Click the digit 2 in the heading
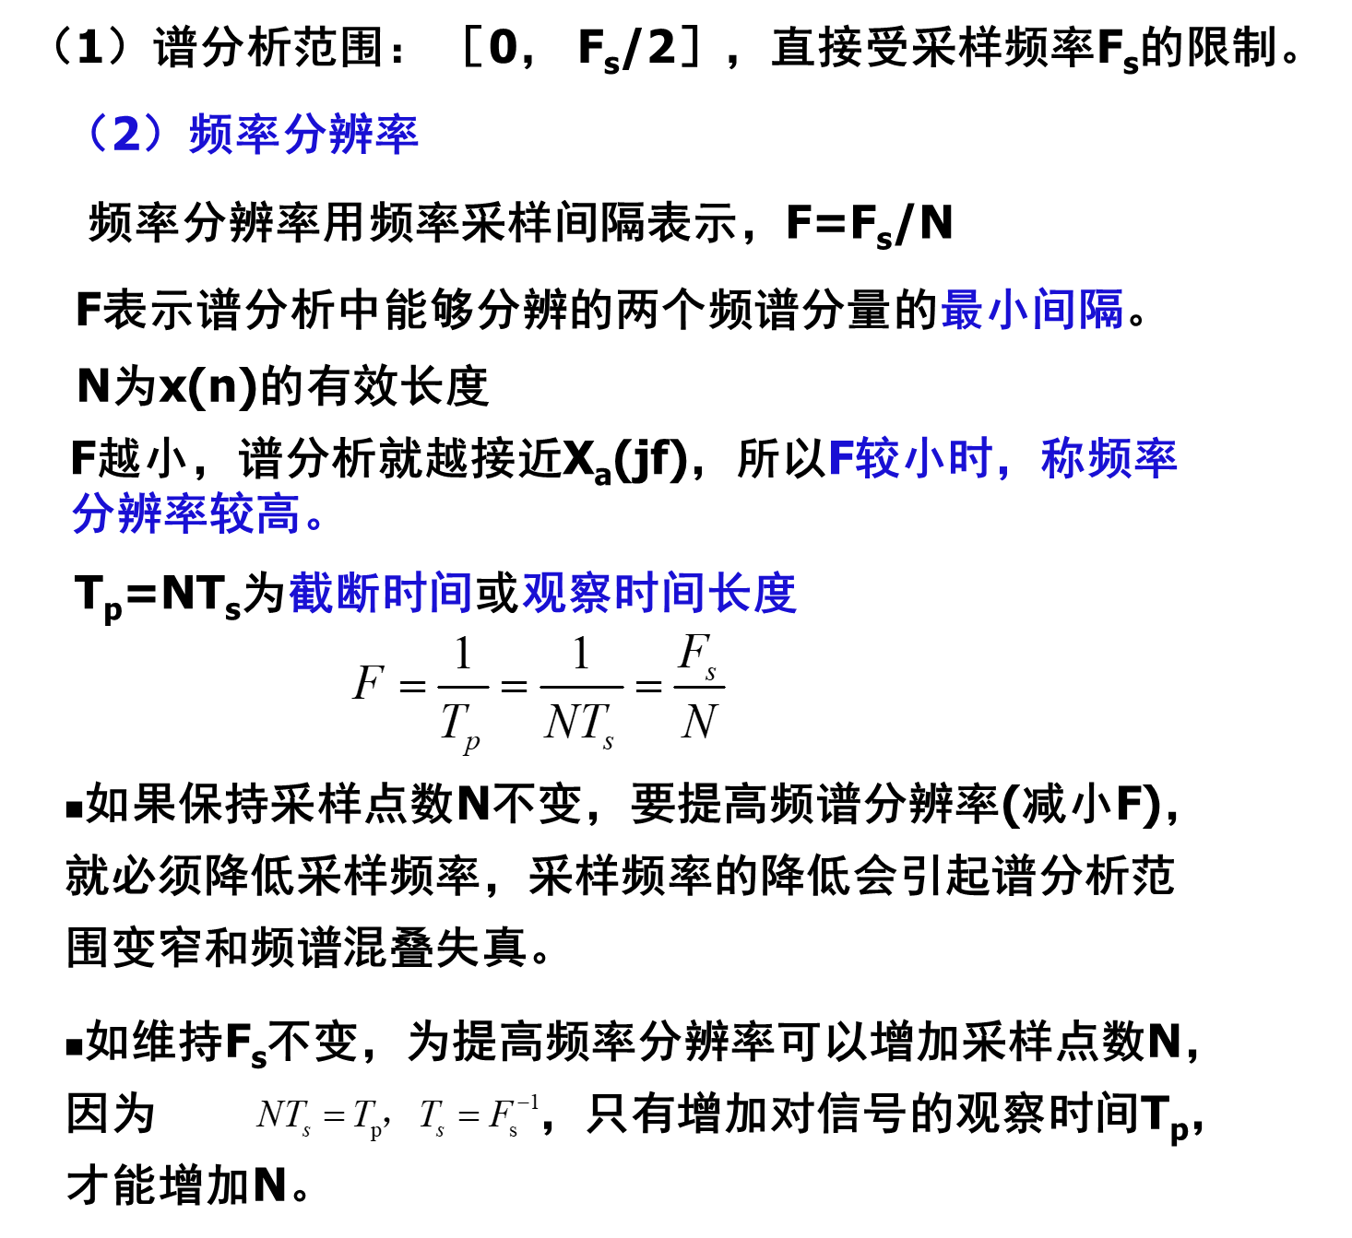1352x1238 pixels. [x=127, y=135]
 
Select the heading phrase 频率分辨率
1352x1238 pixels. [x=303, y=135]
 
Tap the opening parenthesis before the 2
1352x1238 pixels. [x=95, y=135]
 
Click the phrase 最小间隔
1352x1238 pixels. [x=1032, y=310]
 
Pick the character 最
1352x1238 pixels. [x=963, y=310]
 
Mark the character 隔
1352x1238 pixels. [x=1101, y=310]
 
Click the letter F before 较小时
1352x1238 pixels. [x=840, y=458]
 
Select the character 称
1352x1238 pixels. [x=1063, y=458]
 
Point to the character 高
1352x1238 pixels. [x=279, y=513]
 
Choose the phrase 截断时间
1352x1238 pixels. [x=381, y=593]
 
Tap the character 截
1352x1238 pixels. [x=312, y=593]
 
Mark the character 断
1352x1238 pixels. [x=358, y=593]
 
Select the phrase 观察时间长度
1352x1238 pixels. [x=659, y=593]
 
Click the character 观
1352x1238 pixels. [x=545, y=593]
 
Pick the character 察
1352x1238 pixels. [x=591, y=593]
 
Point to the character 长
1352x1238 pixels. [x=729, y=593]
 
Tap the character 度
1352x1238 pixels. [x=775, y=593]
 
